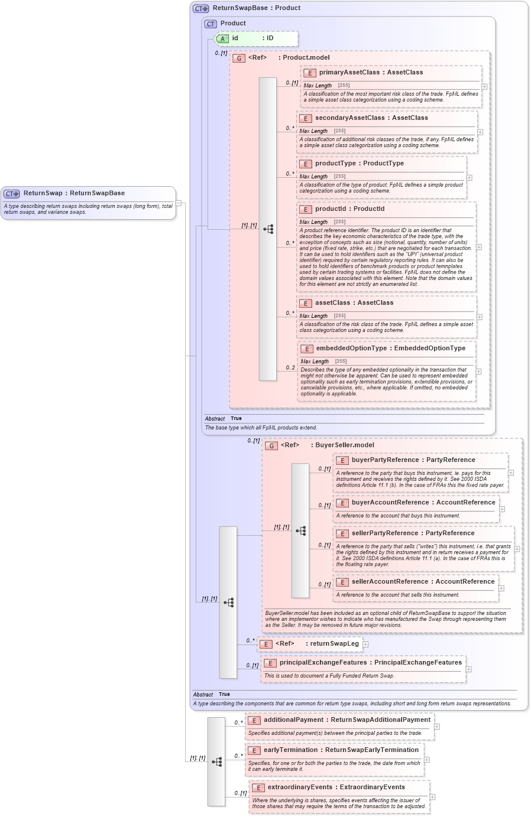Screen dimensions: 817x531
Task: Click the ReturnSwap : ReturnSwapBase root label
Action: coord(74,193)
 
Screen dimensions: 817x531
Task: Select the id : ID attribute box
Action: coord(255,38)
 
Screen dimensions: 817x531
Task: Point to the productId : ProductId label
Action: coord(349,209)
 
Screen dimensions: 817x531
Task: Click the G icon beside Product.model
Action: coord(239,58)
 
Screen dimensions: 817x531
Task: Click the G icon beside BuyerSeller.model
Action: coord(271,445)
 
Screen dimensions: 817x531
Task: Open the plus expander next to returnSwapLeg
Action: coord(365,645)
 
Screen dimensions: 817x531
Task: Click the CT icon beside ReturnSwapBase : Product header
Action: coord(201,8)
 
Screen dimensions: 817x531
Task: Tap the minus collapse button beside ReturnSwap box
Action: coord(179,203)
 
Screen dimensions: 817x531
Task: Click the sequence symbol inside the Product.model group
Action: coord(268,229)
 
